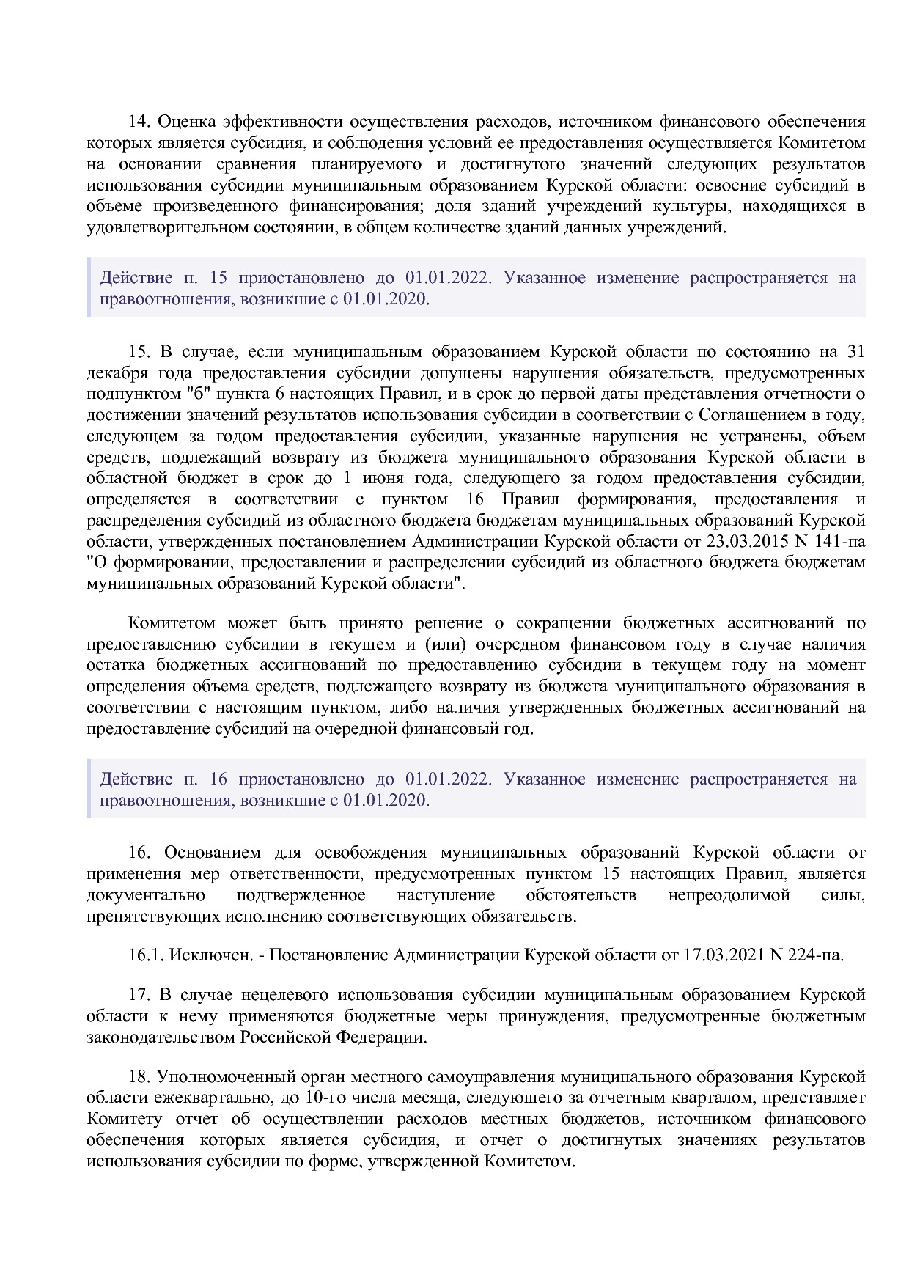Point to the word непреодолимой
(729, 895)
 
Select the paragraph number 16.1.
(146, 955)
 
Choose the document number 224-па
(816, 955)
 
